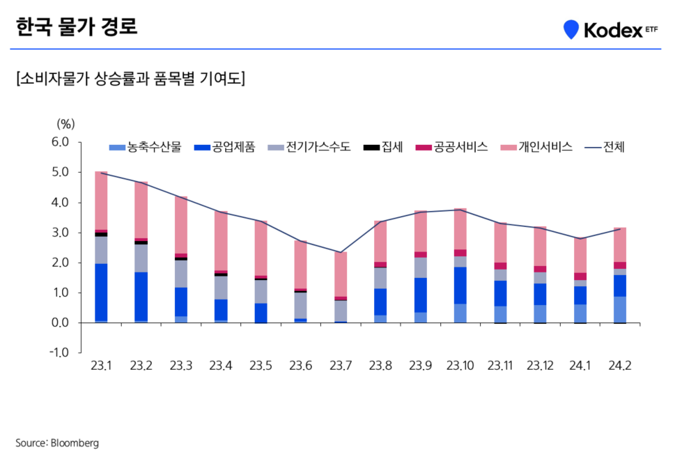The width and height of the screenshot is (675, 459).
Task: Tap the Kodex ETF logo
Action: click(610, 29)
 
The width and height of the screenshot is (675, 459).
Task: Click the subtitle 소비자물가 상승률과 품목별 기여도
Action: click(130, 78)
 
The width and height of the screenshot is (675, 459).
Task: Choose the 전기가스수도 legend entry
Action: click(313, 147)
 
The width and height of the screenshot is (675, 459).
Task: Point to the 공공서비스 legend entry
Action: click(452, 147)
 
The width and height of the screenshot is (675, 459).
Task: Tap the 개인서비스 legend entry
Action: click(536, 147)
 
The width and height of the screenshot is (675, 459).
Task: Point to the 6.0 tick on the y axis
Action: click(61, 142)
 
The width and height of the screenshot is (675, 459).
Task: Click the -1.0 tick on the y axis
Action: click(60, 353)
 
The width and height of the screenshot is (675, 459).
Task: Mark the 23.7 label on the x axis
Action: click(341, 366)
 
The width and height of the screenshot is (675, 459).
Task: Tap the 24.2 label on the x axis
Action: click(620, 366)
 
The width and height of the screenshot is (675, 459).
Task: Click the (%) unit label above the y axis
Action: click(65, 124)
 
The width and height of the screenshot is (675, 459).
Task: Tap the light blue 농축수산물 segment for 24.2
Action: click(620, 310)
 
